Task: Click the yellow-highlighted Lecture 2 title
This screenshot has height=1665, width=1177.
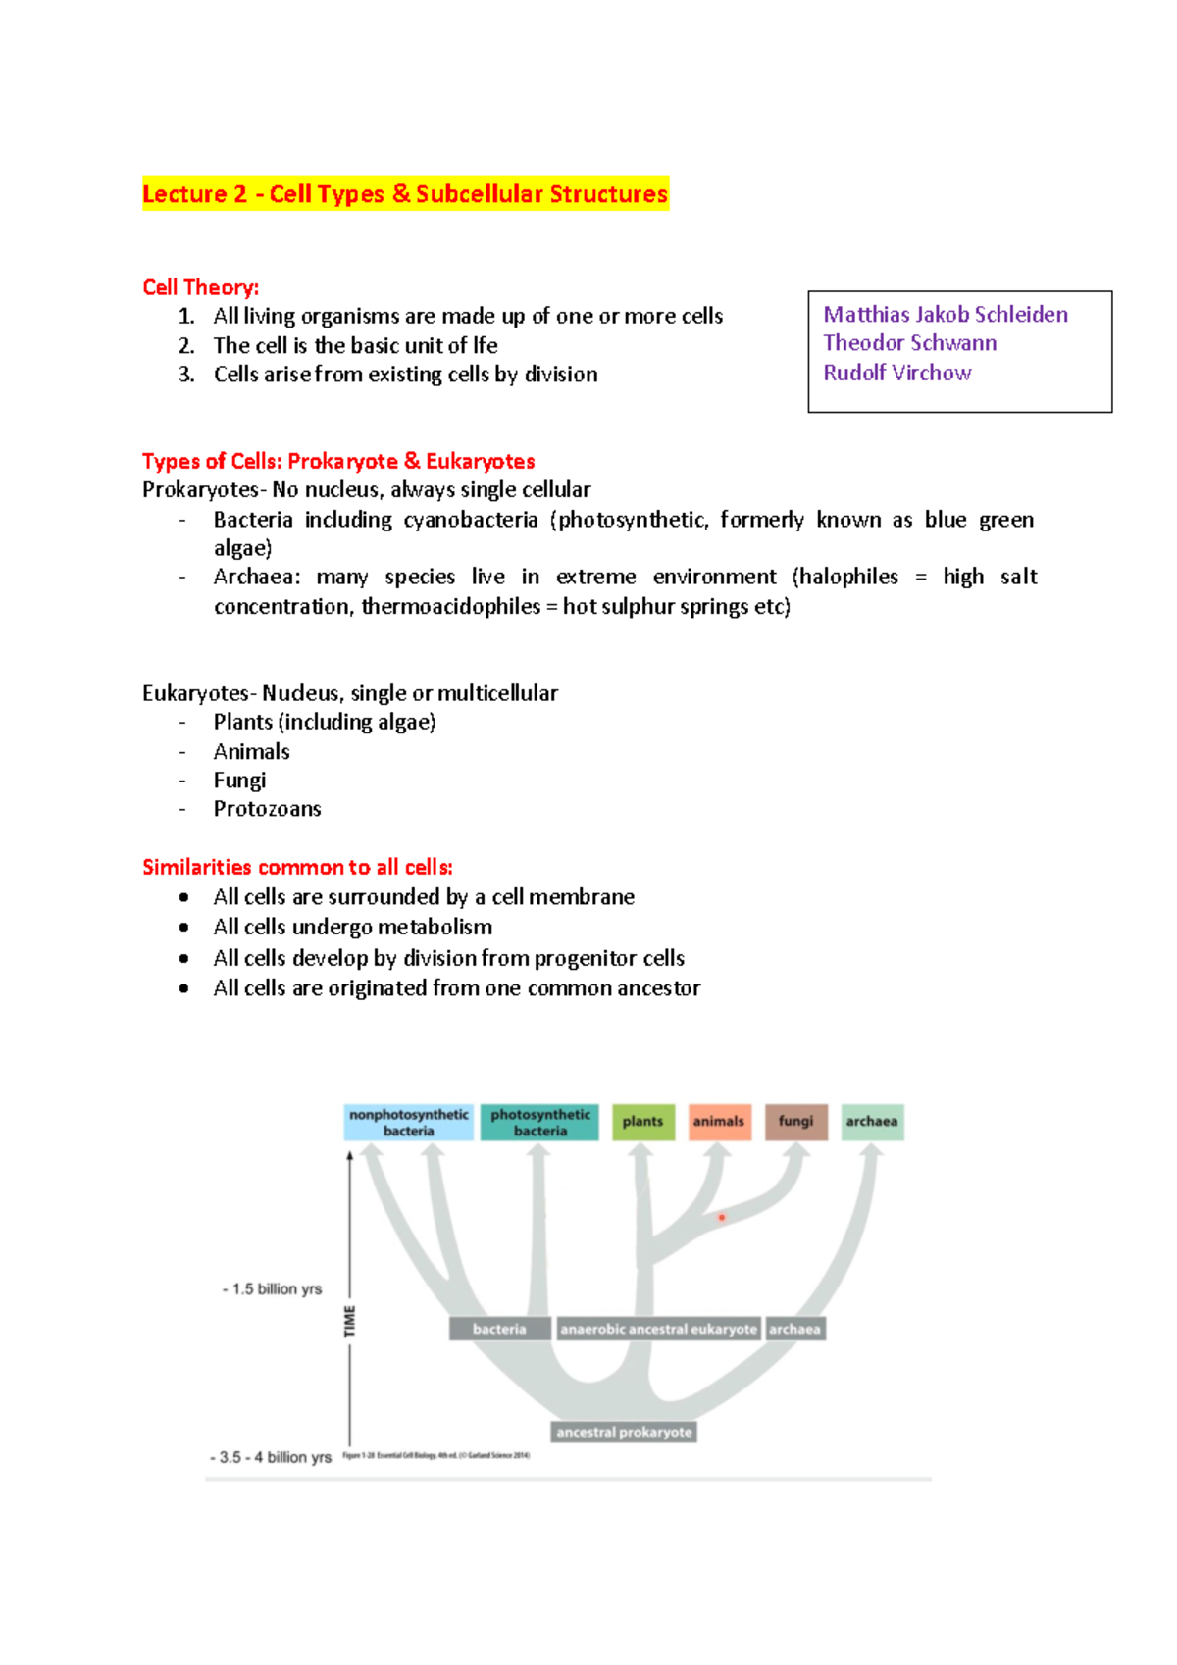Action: (x=405, y=194)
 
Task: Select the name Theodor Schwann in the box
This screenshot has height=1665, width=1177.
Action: (x=909, y=343)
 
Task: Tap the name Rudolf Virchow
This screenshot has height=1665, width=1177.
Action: (x=896, y=373)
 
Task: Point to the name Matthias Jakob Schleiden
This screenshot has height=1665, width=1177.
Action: (x=945, y=315)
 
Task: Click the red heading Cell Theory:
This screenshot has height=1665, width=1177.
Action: (x=200, y=287)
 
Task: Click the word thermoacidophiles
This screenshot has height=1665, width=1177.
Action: (x=451, y=607)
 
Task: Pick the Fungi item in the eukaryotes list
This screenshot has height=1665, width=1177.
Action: (x=239, y=781)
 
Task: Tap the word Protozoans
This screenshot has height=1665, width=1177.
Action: (x=267, y=809)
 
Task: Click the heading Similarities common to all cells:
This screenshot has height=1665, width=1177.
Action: (x=297, y=867)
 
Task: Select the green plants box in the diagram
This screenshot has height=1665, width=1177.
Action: (x=642, y=1122)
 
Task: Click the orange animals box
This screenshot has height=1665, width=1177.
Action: (x=719, y=1122)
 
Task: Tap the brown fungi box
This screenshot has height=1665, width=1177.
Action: (x=795, y=1122)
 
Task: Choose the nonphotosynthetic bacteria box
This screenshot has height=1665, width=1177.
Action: (x=408, y=1123)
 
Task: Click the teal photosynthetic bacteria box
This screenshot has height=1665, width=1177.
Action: (x=539, y=1123)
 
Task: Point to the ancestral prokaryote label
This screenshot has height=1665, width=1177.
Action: (x=624, y=1433)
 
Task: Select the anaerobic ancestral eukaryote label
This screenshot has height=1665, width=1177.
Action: (x=658, y=1330)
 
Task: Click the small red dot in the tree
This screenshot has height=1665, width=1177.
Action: (x=722, y=1217)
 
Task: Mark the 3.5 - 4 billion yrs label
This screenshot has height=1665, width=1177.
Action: (x=273, y=1458)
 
